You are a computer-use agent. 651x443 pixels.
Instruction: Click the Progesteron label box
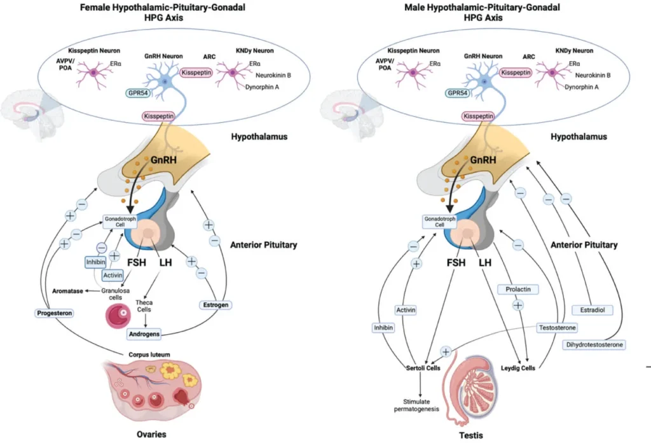click(x=53, y=313)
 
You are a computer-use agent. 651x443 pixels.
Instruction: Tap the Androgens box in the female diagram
click(x=143, y=333)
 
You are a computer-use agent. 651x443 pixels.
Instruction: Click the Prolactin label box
click(x=517, y=289)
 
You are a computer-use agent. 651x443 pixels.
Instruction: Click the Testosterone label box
click(x=558, y=327)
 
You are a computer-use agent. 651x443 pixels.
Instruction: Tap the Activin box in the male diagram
click(x=410, y=309)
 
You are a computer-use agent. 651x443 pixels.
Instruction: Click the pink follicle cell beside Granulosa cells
click(x=120, y=314)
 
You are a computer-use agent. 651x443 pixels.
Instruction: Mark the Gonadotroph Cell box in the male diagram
click(x=437, y=221)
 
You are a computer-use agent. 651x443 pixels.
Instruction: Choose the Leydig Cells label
click(x=517, y=368)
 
